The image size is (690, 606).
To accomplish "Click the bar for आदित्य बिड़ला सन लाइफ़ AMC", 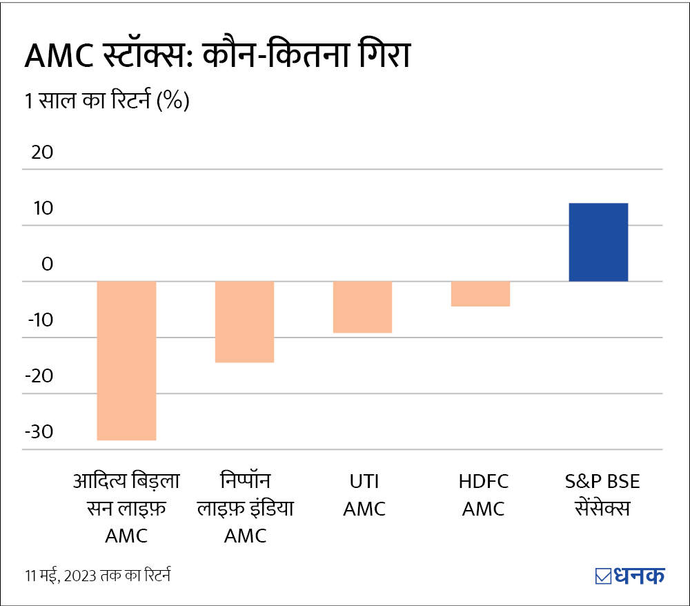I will pyautogui.click(x=126, y=360).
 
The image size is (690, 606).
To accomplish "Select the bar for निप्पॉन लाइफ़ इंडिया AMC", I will pyautogui.click(x=245, y=322).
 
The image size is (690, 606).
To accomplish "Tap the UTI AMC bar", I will pyautogui.click(x=363, y=307).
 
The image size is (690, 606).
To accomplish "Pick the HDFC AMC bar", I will pyautogui.click(x=481, y=293).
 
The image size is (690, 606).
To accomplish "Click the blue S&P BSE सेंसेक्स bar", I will pyautogui.click(x=598, y=242).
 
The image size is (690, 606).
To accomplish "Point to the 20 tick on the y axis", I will pyautogui.click(x=39, y=153).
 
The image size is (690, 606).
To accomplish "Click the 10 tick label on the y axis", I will pyautogui.click(x=39, y=208).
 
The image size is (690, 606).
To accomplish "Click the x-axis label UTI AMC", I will pyautogui.click(x=364, y=495).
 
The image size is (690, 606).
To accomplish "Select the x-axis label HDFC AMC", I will pyautogui.click(x=483, y=495).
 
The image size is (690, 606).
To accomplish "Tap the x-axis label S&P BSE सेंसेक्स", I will pyautogui.click(x=598, y=495).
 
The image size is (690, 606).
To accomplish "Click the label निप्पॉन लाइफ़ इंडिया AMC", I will pyautogui.click(x=246, y=508).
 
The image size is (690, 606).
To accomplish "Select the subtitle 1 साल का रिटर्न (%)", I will pyautogui.click(x=107, y=101).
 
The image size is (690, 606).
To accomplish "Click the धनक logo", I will pyautogui.click(x=629, y=575).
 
